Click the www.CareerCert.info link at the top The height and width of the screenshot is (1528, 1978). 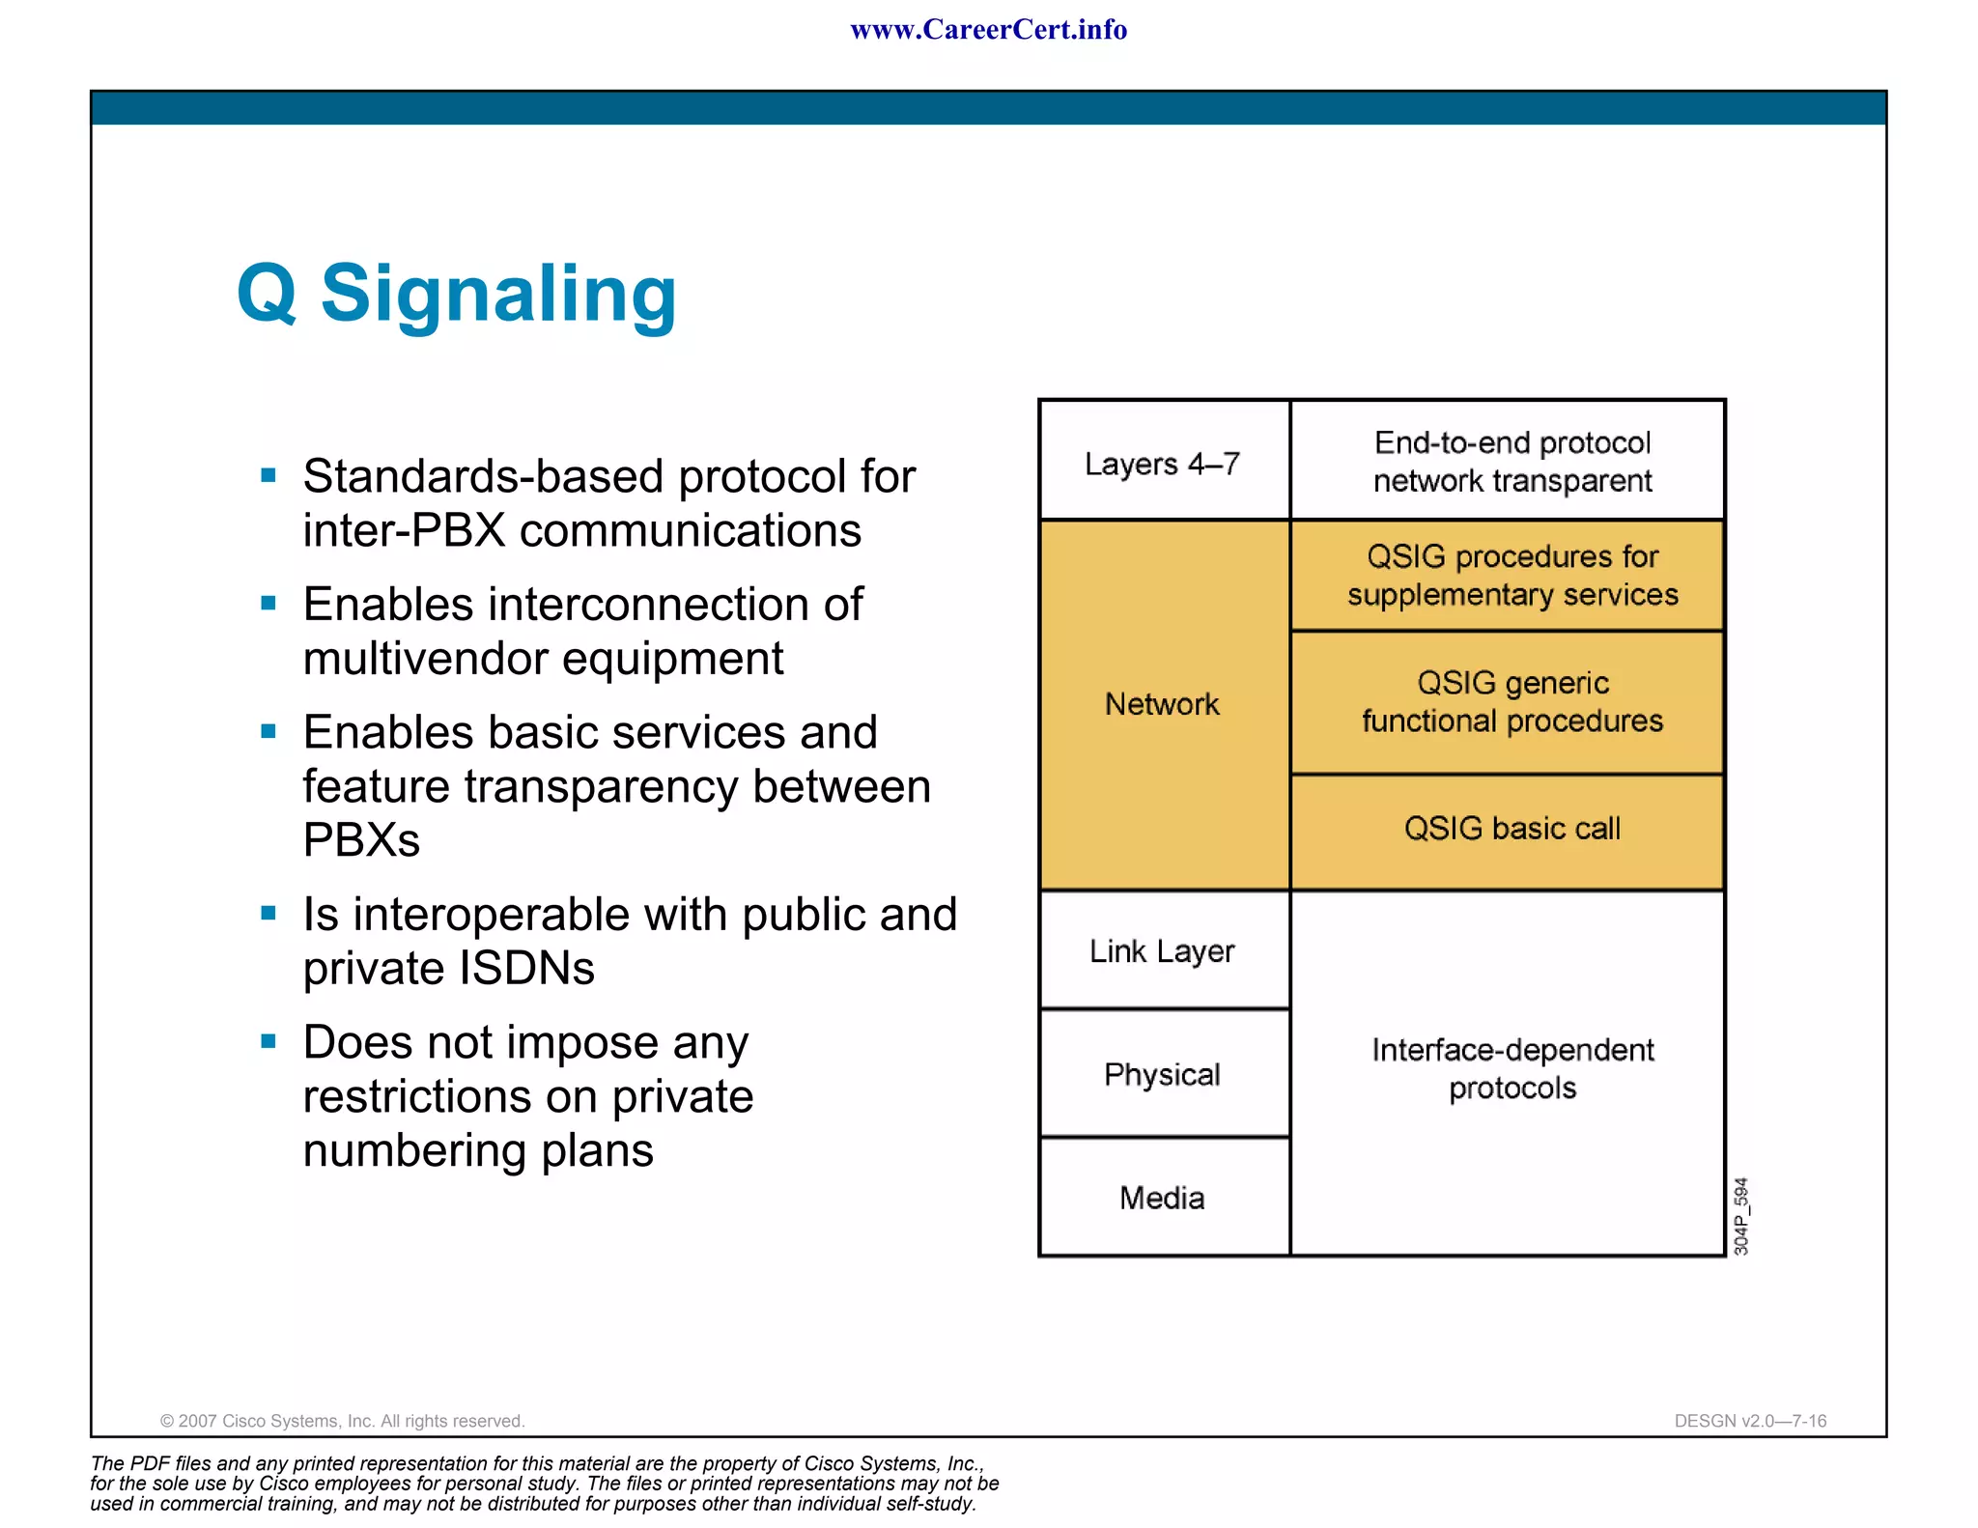click(988, 30)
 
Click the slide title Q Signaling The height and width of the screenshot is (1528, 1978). click(456, 294)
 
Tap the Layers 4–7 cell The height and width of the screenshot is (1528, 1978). click(1164, 463)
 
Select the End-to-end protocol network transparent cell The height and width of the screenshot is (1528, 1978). click(1512, 462)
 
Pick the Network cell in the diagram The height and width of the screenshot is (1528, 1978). click(1163, 704)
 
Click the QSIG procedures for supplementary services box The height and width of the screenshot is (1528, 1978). click(1512, 576)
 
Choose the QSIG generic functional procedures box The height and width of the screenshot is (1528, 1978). click(1512, 702)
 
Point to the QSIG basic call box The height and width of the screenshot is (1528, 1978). click(1512, 829)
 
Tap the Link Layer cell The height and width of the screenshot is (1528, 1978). click(1163, 951)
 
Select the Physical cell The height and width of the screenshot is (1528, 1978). click(1163, 1074)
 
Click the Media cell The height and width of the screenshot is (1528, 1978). click(1163, 1198)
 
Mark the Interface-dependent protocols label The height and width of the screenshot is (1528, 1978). click(1512, 1068)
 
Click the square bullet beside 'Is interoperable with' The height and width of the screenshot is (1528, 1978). click(268, 913)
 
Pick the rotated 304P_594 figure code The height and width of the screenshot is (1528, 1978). click(1741, 1216)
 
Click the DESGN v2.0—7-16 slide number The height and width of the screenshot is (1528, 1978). click(1750, 1421)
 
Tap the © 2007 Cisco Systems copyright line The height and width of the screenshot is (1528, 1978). click(342, 1421)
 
